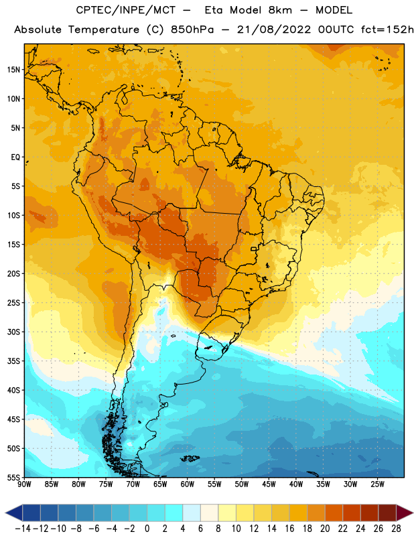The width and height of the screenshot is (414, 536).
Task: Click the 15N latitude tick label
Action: click(x=13, y=70)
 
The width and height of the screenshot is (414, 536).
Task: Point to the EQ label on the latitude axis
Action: click(x=15, y=157)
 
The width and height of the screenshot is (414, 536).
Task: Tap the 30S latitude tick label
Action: click(x=13, y=332)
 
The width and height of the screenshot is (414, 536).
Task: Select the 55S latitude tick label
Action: click(x=13, y=478)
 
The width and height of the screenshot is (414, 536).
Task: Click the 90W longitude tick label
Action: click(x=24, y=484)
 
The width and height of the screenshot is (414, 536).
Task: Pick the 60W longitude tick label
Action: click(x=188, y=484)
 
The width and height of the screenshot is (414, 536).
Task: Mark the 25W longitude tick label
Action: click(x=377, y=484)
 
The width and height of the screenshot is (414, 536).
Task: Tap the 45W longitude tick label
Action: click(x=269, y=484)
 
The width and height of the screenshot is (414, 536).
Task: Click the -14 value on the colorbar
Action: click(x=23, y=529)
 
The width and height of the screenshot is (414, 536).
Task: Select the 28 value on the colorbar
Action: click(x=396, y=529)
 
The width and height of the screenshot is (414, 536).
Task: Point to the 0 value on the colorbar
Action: click(x=147, y=529)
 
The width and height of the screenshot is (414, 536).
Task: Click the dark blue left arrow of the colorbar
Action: click(x=14, y=513)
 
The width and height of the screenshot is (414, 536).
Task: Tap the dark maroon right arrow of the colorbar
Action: click(x=405, y=513)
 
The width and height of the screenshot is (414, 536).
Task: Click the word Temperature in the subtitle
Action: click(x=104, y=29)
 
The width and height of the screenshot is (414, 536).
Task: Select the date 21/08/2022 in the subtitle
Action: click(x=274, y=29)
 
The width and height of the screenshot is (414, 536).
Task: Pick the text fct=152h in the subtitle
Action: click(x=387, y=29)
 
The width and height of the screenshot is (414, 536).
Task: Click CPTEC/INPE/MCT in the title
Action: click(x=126, y=10)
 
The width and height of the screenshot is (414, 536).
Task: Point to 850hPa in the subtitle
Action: click(x=192, y=29)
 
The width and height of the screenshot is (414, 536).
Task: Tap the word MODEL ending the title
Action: click(x=334, y=10)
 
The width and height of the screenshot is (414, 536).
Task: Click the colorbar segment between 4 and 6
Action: click(x=192, y=513)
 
